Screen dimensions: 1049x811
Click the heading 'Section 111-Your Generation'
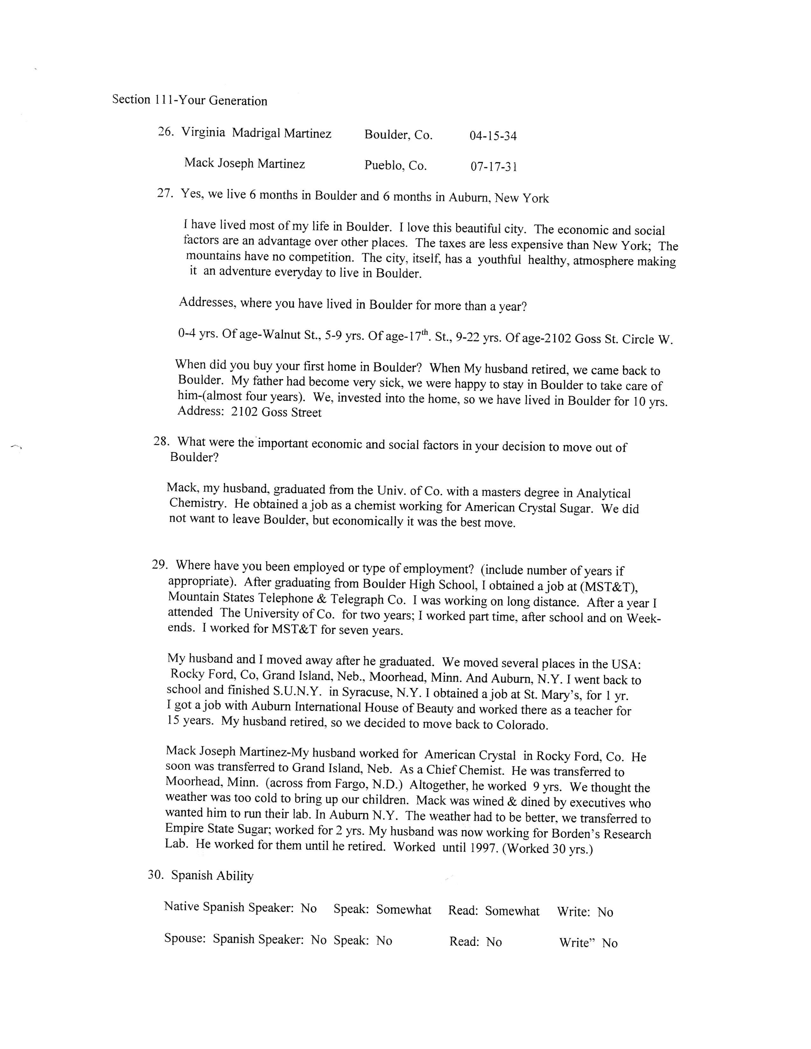point(190,100)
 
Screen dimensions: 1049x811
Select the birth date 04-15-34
point(493,136)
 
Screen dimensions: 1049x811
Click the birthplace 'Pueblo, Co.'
point(395,166)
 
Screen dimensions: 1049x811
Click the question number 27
point(164,194)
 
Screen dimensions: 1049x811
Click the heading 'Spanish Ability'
point(212,876)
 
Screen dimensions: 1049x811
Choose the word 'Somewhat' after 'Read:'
point(512,911)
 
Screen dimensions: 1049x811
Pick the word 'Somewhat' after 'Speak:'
point(404,910)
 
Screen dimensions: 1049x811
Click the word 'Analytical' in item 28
point(603,493)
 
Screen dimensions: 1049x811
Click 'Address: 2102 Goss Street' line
point(249,412)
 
